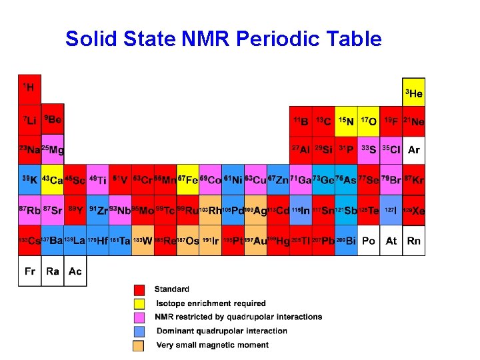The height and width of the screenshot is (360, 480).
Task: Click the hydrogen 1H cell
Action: (29, 89)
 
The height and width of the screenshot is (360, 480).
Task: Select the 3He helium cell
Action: (413, 93)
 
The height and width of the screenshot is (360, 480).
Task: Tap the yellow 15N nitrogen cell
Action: (346, 121)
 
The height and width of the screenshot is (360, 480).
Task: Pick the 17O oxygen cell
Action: (369, 121)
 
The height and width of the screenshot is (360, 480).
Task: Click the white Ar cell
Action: (414, 149)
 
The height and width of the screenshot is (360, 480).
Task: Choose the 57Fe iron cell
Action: (188, 180)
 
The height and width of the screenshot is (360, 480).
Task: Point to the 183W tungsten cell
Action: (143, 240)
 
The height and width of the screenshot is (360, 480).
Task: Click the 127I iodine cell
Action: (391, 210)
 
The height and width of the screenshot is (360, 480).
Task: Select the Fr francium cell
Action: (29, 271)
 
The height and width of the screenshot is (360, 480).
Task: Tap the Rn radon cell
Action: (414, 240)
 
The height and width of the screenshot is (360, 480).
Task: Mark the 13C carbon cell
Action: (323, 121)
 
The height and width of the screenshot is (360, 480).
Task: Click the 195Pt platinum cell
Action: (233, 240)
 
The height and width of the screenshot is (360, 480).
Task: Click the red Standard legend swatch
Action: (139, 289)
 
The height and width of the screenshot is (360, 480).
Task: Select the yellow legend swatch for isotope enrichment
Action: (139, 303)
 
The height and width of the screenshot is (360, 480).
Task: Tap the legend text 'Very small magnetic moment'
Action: (212, 345)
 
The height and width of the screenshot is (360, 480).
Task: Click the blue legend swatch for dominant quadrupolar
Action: (139, 331)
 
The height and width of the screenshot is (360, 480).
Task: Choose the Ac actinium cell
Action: (75, 271)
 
